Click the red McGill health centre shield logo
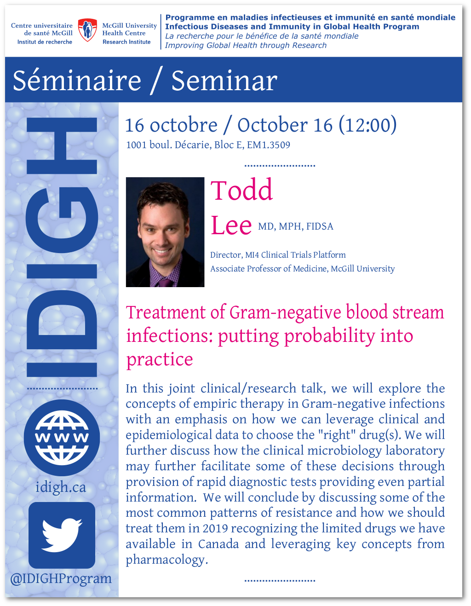[87, 30]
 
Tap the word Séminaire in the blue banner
[77, 81]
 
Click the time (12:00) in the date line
[368, 125]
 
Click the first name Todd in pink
[241, 190]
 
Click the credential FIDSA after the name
[320, 226]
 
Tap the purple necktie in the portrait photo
[165, 283]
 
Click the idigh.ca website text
[61, 487]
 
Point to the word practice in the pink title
[160, 360]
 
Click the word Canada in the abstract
[218, 544]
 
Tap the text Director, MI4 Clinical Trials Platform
[278, 255]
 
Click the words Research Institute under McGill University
[126, 42]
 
